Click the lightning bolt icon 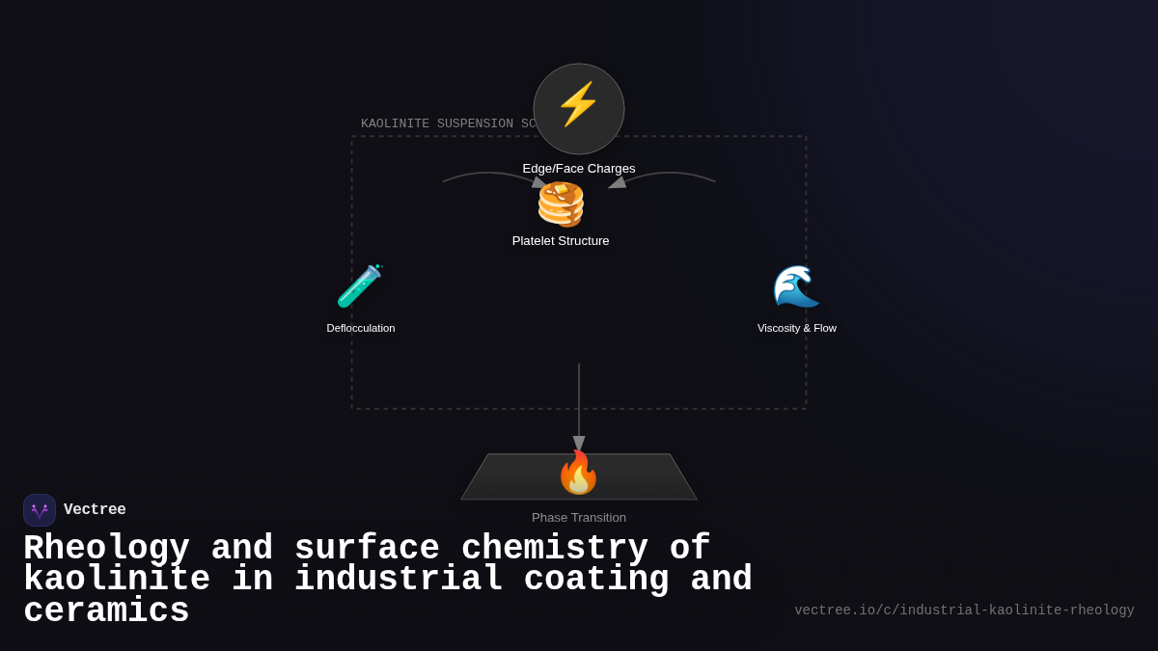[578, 104]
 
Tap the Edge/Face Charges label [579, 169]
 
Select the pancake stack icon [561, 204]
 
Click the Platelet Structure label [561, 241]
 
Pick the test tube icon [360, 286]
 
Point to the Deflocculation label [361, 328]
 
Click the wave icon [796, 286]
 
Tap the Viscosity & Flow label [797, 328]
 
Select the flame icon [578, 473]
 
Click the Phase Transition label [579, 518]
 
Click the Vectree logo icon [40, 510]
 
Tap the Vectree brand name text [95, 510]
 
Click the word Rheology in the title [106, 548]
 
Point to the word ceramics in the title [106, 611]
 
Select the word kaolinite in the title [116, 580]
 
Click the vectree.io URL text [964, 610]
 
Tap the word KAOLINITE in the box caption [395, 123]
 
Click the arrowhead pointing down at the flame [579, 444]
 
